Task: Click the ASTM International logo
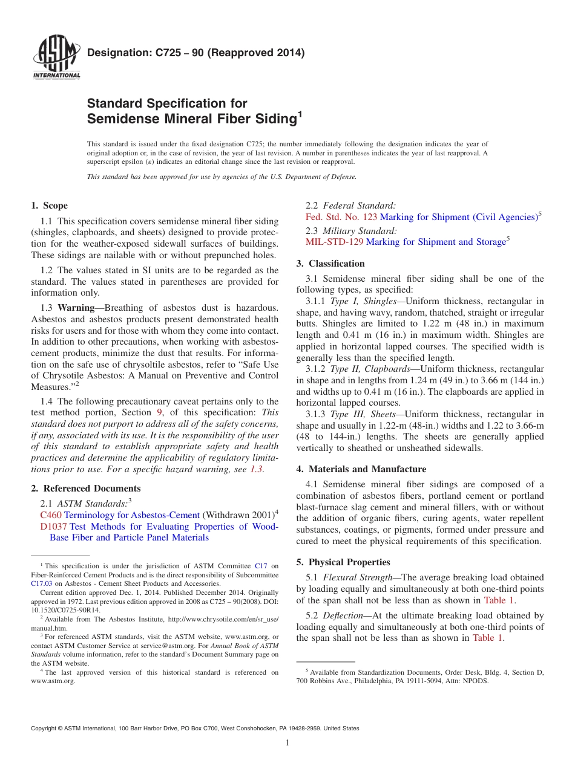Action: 56,58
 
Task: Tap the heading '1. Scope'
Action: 50,206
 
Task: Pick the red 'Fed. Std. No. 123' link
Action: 341,217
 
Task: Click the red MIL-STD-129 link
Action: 334,242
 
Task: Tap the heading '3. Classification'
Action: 330,264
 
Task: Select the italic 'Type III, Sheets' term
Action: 365,414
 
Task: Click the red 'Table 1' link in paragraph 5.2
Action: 487,638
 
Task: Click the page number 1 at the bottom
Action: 287,743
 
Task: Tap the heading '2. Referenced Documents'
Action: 86,488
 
